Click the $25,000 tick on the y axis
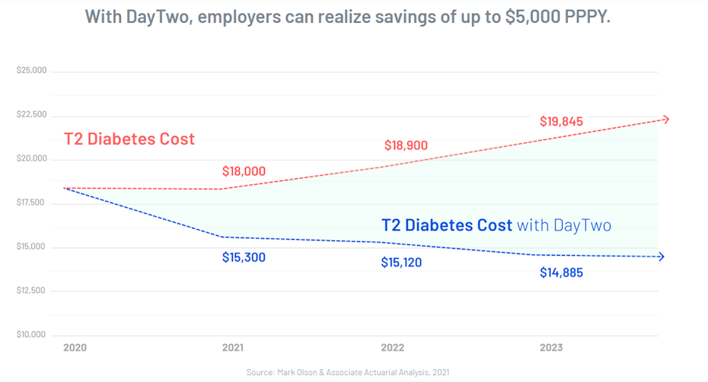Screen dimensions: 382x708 pos(31,71)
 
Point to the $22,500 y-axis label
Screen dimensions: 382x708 pos(31,115)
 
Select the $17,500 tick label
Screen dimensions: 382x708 pos(31,203)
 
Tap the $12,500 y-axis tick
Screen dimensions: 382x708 pos(31,291)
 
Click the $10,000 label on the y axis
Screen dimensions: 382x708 pos(31,335)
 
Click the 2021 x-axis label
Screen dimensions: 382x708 pos(232,348)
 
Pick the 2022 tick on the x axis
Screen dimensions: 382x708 pos(391,348)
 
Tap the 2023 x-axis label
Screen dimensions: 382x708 pos(551,348)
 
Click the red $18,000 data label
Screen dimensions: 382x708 pos(244,171)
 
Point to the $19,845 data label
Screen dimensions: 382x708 pos(561,121)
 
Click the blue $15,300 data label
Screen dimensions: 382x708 pos(244,257)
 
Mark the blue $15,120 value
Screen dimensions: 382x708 pos(401,263)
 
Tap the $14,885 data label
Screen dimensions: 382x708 pos(561,272)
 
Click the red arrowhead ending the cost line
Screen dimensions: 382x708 pos(665,119)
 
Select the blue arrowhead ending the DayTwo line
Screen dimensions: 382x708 pos(660,257)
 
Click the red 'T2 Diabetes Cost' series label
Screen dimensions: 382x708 pos(129,139)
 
